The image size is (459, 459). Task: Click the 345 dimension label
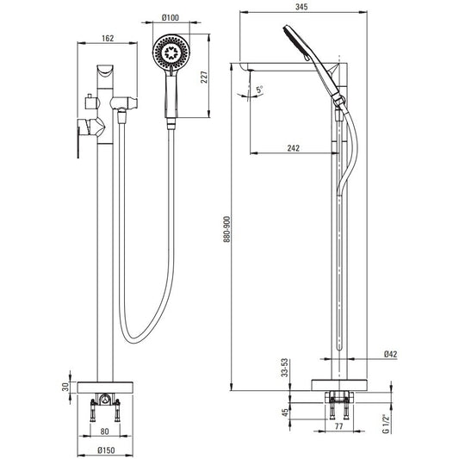click(301, 7)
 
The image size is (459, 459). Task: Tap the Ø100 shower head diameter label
click(171, 17)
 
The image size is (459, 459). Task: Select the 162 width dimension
click(108, 39)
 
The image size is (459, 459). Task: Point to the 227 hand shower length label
click(204, 77)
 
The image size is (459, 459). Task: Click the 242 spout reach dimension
click(294, 148)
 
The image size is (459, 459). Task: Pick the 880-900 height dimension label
click(226, 229)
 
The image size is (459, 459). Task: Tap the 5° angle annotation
click(259, 90)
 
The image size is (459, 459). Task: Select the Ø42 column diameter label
click(390, 354)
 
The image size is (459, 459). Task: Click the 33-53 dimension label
click(284, 368)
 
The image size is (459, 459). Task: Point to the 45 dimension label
click(285, 413)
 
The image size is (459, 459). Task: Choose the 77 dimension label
click(338, 426)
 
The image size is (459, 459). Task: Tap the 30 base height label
click(65, 387)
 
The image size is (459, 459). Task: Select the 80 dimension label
click(104, 431)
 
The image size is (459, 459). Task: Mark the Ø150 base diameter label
click(106, 450)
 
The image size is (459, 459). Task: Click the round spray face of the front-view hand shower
click(171, 53)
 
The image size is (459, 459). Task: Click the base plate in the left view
click(105, 388)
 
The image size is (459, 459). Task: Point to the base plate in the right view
click(339, 385)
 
